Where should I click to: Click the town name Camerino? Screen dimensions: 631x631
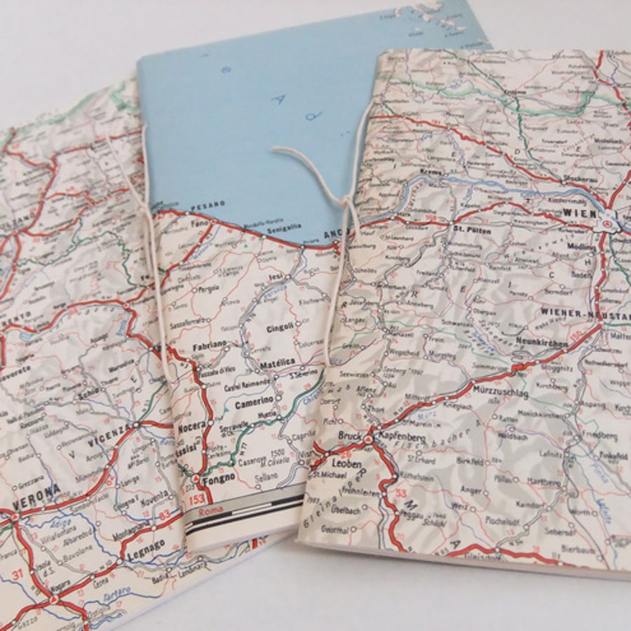click(254, 405)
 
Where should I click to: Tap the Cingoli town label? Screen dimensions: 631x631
click(280, 328)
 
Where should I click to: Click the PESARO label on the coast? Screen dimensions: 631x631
click(208, 204)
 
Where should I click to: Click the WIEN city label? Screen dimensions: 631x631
click(579, 213)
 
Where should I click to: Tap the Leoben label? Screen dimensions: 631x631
click(348, 464)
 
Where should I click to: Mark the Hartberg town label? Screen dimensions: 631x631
click(545, 482)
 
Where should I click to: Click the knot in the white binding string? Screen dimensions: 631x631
click(346, 202)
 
